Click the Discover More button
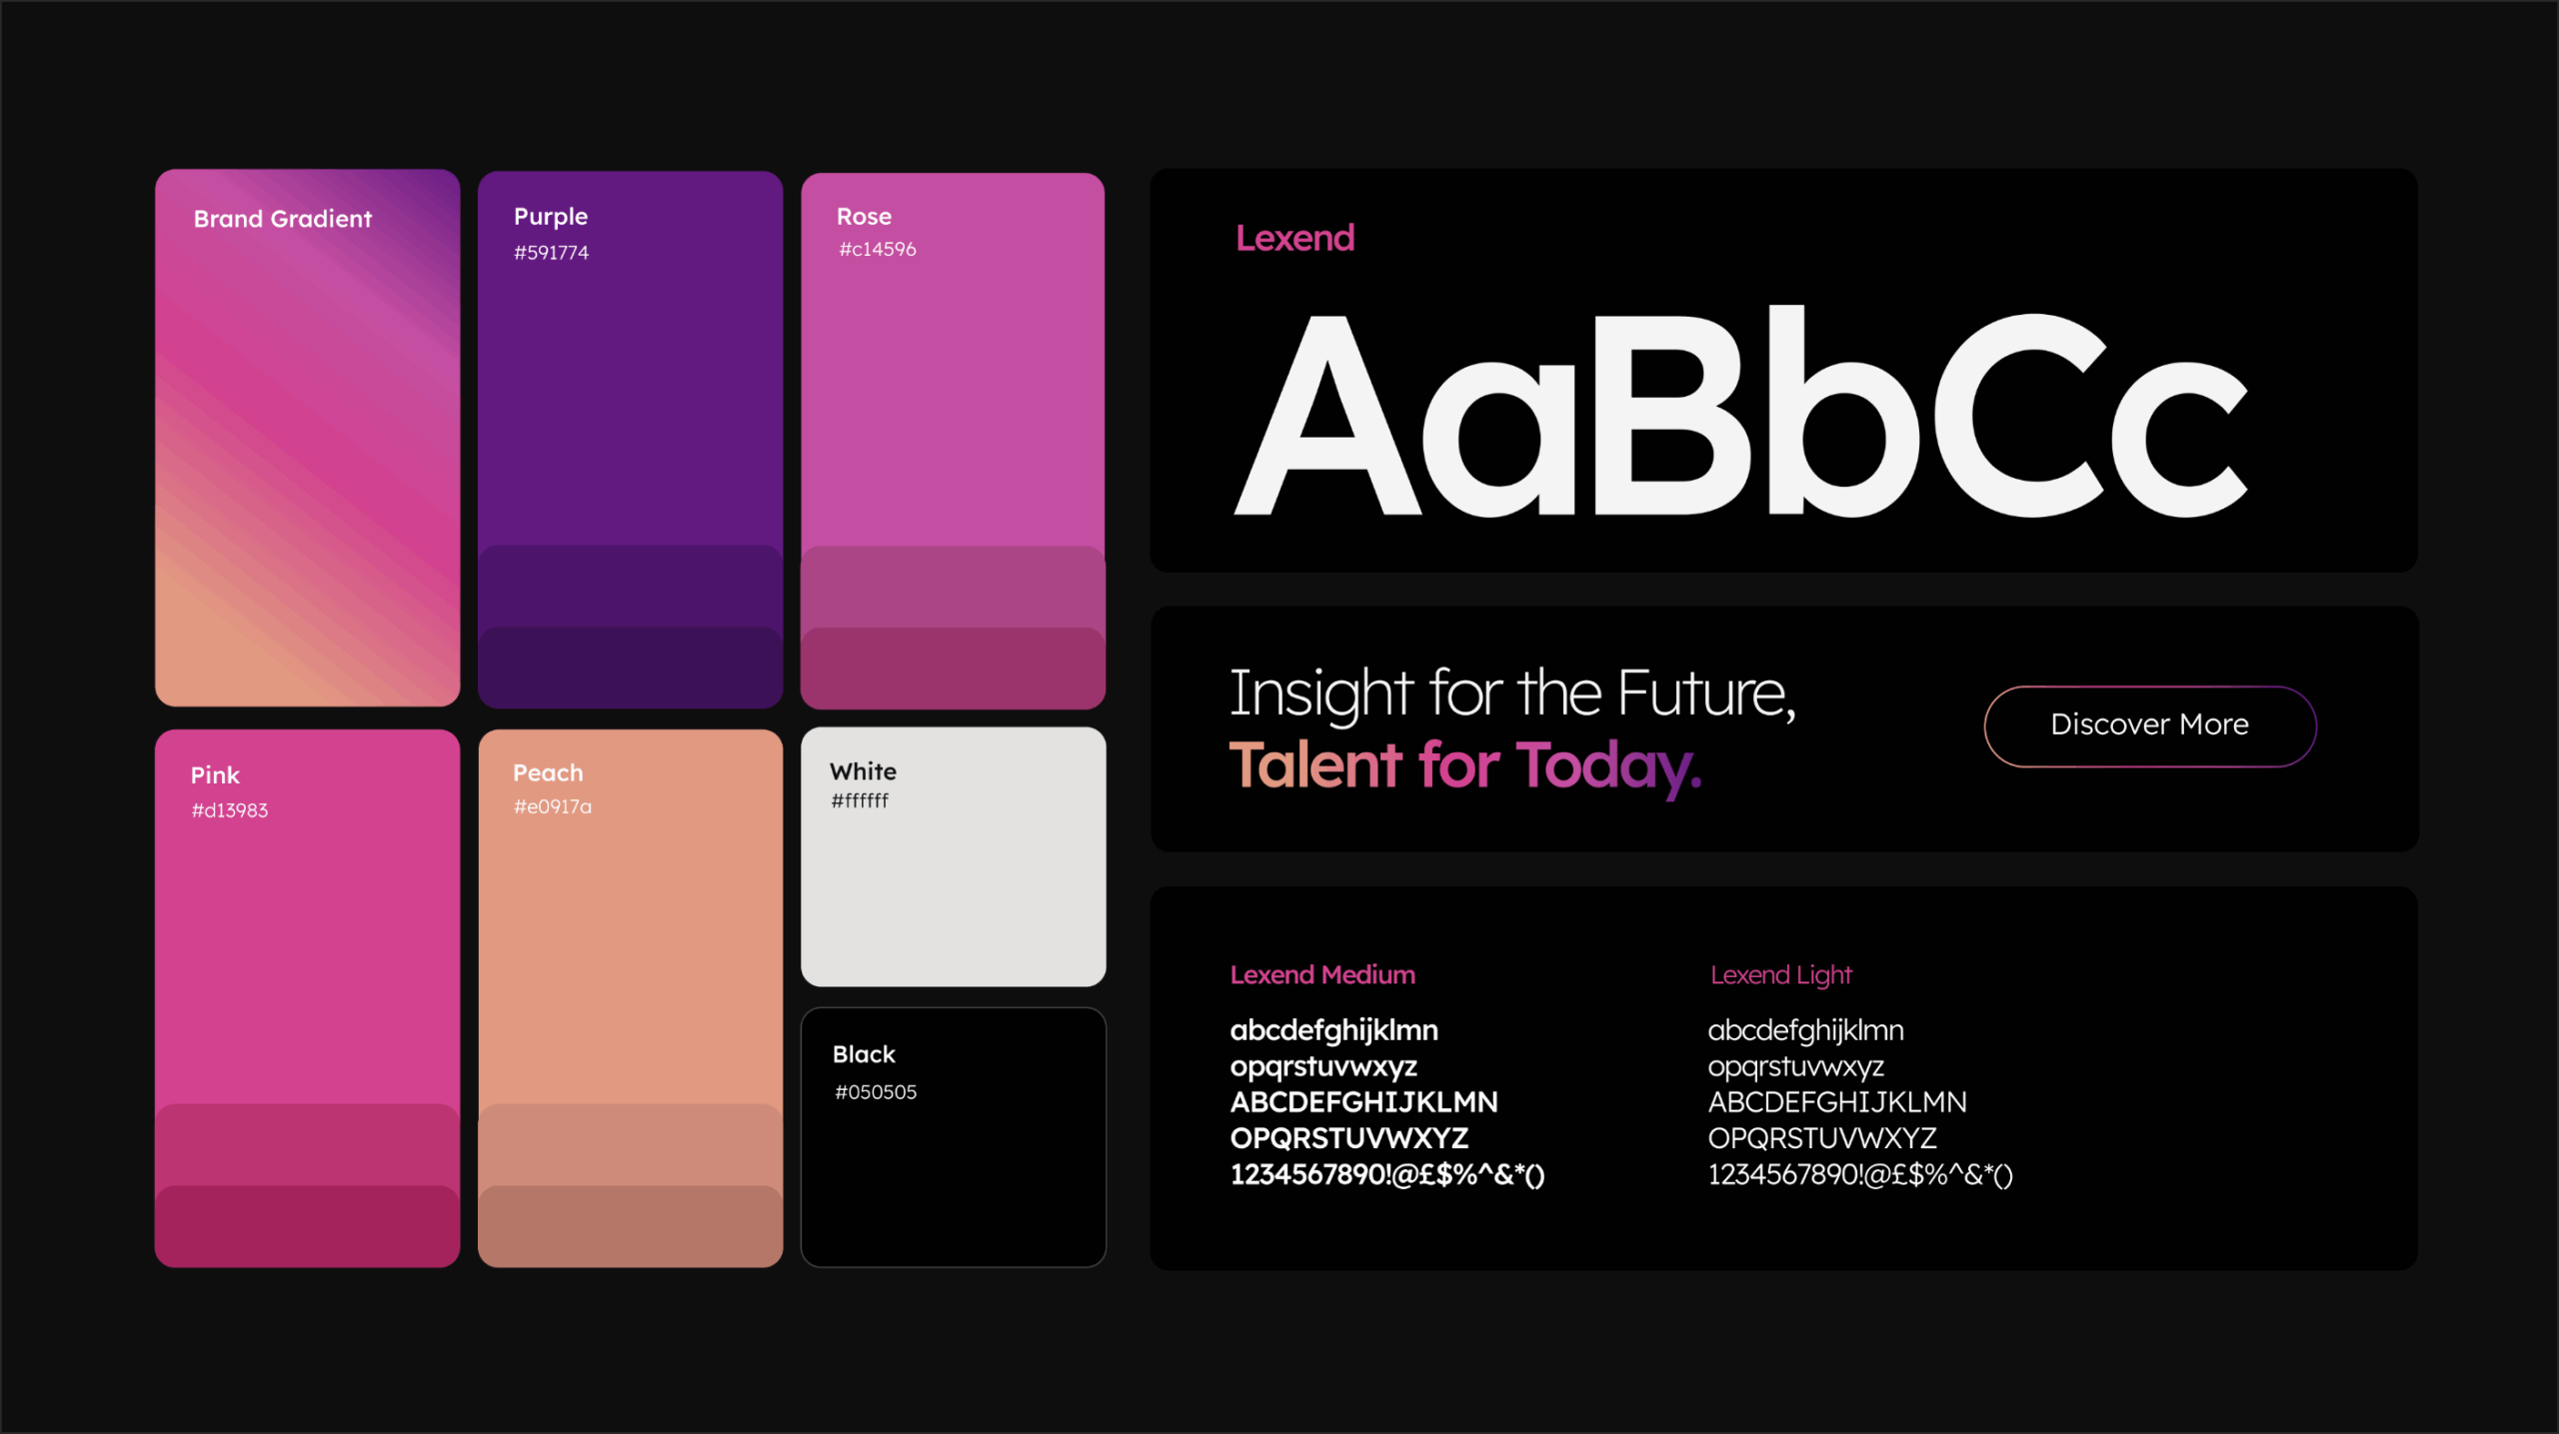(2149, 725)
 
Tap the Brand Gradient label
(283, 219)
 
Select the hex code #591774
(551, 253)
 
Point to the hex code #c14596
(877, 249)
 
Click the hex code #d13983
(230, 810)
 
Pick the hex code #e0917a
(553, 806)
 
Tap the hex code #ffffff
(860, 800)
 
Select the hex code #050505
(876, 1092)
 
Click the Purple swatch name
(551, 216)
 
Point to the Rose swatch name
(864, 216)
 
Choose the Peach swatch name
(548, 772)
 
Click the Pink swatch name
(215, 774)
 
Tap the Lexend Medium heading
(1322, 974)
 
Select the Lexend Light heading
(1781, 975)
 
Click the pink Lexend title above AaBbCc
(1295, 238)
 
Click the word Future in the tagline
(1706, 693)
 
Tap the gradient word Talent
(1315, 765)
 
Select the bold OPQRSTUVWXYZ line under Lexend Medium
(1349, 1138)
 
